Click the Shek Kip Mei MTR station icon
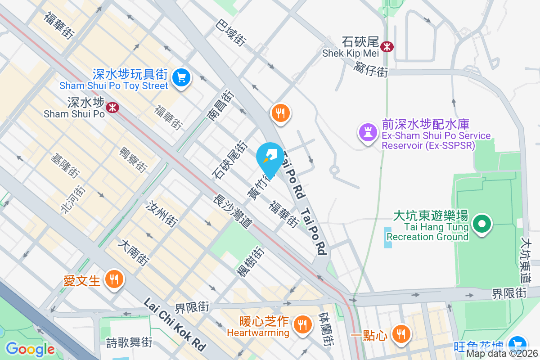387,46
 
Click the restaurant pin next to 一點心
400,334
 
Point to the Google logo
30,349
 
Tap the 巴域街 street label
231,32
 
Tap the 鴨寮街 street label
133,159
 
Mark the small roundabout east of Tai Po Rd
334,170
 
